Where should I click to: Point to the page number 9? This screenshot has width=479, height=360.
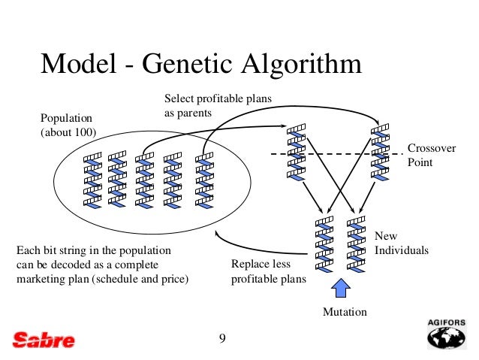click(222, 337)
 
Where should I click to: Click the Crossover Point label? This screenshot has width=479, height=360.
click(431, 155)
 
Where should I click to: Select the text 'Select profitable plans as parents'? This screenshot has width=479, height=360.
click(218, 106)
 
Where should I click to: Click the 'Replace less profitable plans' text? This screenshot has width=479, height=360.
click(268, 272)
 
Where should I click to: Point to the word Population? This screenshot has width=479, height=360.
click(65, 119)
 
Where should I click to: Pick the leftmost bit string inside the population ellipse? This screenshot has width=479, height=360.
click(92, 181)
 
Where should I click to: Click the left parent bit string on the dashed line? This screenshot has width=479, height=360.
click(296, 153)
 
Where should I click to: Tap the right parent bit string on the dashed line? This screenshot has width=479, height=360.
click(381, 153)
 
